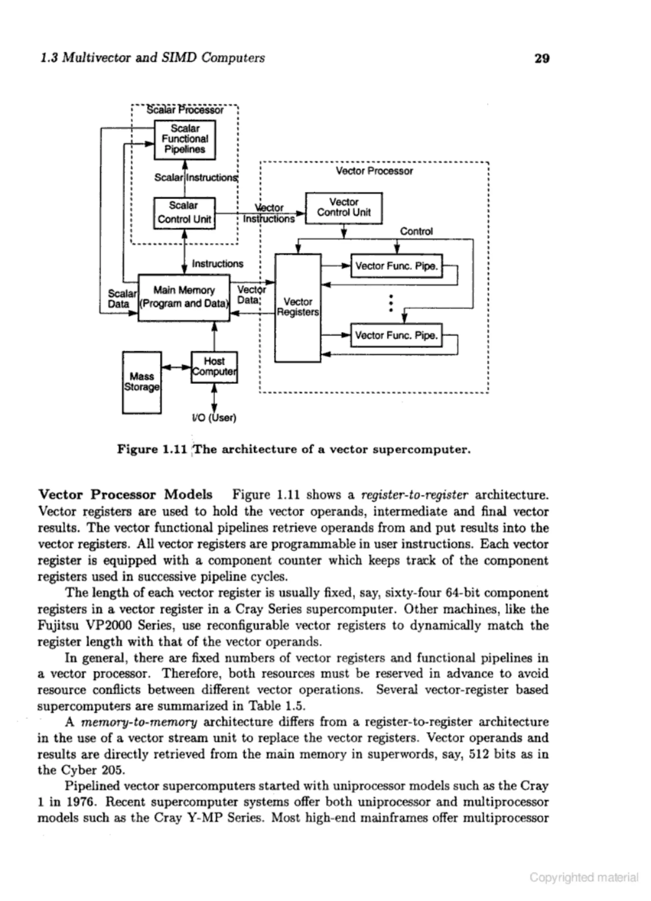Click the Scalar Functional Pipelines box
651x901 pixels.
pos(185,139)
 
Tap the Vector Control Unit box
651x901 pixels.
pos(344,208)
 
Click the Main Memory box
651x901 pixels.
pos(184,297)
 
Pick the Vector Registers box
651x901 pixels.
pos(298,307)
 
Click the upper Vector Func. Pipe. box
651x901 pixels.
pos(396,266)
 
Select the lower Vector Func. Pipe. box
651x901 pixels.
pos(396,335)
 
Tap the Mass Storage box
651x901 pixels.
pos(142,382)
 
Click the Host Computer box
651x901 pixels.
pos(214,367)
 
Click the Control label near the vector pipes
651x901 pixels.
pos(416,231)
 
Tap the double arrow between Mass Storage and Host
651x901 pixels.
pos(176,367)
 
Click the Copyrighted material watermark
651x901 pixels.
pos(584,877)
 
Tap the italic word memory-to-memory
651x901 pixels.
pos(139,722)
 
